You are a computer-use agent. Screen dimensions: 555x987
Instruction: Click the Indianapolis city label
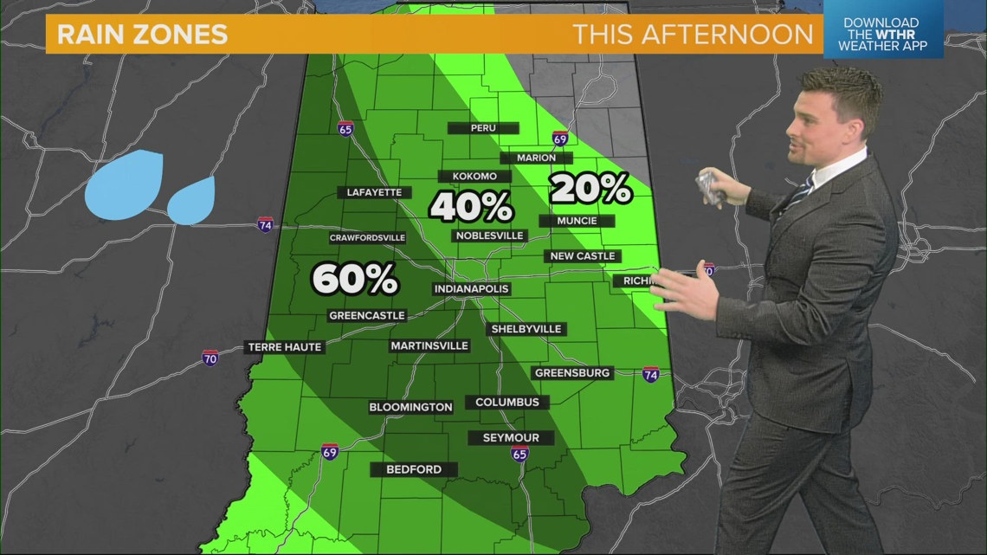[472, 289]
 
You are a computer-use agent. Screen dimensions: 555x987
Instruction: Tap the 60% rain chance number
[354, 279]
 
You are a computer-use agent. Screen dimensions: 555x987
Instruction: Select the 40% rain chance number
[471, 207]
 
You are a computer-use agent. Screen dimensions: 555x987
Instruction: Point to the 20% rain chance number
[590, 188]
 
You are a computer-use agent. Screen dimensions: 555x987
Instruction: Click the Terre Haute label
[285, 347]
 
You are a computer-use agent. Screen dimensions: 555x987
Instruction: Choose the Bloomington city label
[410, 407]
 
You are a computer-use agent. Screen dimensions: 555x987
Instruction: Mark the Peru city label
[482, 128]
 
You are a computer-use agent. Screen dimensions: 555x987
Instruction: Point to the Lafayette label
[375, 192]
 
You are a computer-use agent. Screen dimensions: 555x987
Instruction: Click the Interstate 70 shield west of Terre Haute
[210, 358]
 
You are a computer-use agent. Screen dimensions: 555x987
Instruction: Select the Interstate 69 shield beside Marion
[559, 139]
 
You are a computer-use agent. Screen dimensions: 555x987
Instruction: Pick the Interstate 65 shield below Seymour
[519, 453]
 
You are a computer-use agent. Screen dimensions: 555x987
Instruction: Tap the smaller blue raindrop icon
[190, 202]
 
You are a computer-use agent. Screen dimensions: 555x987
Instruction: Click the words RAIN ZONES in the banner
[142, 35]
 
